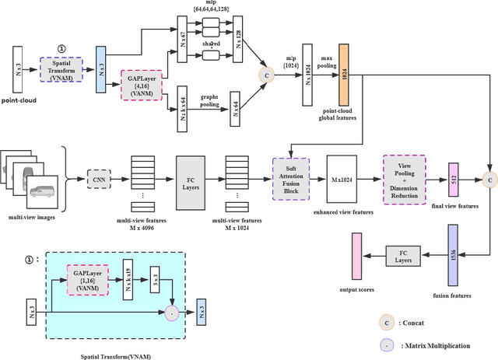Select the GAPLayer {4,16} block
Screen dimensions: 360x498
(142, 83)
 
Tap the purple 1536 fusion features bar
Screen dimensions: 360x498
(453, 255)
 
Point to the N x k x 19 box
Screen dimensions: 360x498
(129, 279)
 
